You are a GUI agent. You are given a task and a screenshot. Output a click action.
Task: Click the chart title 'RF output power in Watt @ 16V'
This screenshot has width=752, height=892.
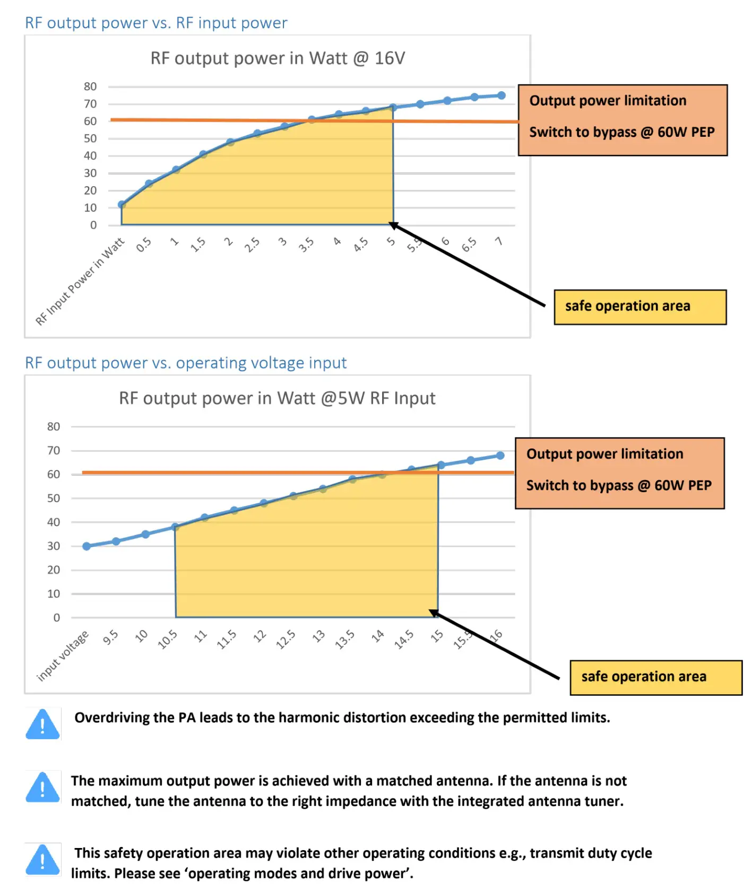pos(278,58)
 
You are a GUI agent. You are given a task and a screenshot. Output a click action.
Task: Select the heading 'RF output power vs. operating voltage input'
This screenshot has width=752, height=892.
pos(186,363)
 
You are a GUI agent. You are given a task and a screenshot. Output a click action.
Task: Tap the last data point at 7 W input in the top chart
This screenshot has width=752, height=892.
pos(501,95)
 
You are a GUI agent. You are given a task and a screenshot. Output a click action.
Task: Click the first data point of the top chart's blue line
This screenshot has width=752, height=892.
pos(122,205)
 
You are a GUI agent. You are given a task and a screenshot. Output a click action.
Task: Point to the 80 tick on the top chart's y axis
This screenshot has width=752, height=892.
pos(90,86)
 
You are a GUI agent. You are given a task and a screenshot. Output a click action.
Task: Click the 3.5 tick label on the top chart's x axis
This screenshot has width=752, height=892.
pos(306,244)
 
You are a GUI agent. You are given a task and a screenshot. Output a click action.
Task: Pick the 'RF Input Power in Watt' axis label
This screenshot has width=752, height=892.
pos(80,281)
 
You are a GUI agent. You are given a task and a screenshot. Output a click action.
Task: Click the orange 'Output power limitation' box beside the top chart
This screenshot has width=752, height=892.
pos(623,120)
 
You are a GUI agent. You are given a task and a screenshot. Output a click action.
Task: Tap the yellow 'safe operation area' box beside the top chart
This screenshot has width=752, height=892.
pos(640,307)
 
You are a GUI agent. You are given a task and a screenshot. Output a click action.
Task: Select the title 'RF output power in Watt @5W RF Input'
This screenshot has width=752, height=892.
pos(277,398)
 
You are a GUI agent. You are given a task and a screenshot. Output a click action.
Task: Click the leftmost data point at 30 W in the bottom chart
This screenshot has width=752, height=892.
pos(87,546)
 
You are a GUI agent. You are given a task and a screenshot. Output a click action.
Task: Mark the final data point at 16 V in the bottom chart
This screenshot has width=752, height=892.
pos(500,456)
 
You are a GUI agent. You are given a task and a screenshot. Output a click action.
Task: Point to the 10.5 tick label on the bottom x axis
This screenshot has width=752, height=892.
pos(168,640)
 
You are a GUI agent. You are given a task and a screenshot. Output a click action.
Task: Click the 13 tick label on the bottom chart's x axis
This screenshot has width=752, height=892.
pos(318,636)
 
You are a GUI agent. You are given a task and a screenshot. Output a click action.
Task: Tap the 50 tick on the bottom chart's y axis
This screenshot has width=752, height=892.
pos(54,499)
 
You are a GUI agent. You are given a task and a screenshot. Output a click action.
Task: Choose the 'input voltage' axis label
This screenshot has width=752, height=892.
pos(62,656)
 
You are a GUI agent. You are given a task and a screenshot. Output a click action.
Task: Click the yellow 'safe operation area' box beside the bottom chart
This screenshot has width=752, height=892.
pos(656,677)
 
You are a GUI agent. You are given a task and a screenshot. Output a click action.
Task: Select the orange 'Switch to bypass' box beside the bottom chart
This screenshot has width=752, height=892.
pos(619,473)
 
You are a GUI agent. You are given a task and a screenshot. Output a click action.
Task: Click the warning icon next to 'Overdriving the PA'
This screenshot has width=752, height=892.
pos(42,724)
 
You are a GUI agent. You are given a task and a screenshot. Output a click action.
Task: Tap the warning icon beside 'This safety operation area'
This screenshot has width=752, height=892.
pos(42,859)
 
